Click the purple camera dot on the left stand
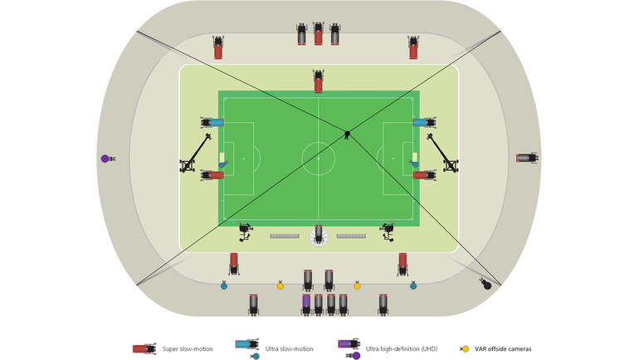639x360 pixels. click(x=105, y=158)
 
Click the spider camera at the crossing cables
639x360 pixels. click(x=348, y=134)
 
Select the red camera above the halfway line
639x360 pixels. click(x=318, y=82)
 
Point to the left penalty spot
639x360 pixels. click(x=243, y=158)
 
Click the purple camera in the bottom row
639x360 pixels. click(x=306, y=303)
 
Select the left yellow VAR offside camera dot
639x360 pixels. click(x=280, y=286)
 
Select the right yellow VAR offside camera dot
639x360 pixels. click(x=357, y=286)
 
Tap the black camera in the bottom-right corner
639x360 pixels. click(x=486, y=285)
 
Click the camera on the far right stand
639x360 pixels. click(x=526, y=158)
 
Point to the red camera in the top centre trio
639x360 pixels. click(x=318, y=35)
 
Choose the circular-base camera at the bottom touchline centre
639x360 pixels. click(x=318, y=236)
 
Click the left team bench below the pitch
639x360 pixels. click(x=285, y=236)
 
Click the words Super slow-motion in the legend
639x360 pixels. click(x=188, y=349)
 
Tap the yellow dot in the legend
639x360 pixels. click(x=466, y=349)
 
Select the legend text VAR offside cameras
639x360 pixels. click(x=503, y=349)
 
